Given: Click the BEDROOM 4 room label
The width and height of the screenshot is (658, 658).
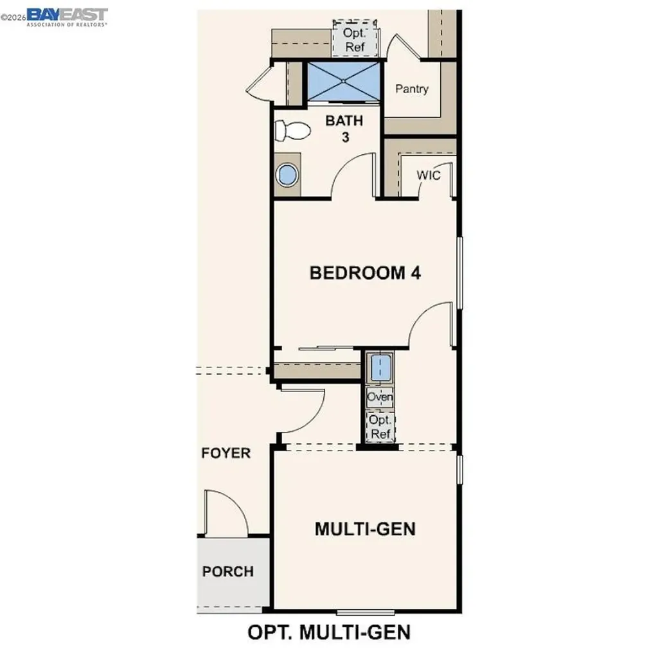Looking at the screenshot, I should pyautogui.click(x=365, y=272).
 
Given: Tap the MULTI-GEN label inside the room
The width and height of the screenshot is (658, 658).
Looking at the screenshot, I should pyautogui.click(x=365, y=529).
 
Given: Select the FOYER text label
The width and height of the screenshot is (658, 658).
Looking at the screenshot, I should pyautogui.click(x=226, y=453).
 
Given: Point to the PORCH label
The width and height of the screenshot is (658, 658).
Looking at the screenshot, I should pyautogui.click(x=228, y=571).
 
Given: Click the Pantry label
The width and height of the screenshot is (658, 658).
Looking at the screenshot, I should pyautogui.click(x=411, y=89).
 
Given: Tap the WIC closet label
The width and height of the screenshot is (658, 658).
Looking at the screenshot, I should pyautogui.click(x=429, y=175).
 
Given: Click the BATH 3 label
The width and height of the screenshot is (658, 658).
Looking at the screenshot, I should pyautogui.click(x=344, y=128).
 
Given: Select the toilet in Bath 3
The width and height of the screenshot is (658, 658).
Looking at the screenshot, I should pyautogui.click(x=290, y=131).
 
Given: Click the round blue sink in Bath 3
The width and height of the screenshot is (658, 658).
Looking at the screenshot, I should pyautogui.click(x=287, y=174).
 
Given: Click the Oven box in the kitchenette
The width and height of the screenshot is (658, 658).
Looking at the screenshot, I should pyautogui.click(x=380, y=397).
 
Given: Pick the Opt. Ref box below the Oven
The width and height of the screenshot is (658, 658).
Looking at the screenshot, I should pyautogui.click(x=380, y=426).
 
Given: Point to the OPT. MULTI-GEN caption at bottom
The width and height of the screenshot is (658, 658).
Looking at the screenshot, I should pyautogui.click(x=329, y=632).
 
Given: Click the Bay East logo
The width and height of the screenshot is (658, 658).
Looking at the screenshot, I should pyautogui.click(x=67, y=15).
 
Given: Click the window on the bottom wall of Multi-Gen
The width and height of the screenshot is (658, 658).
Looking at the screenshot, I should pyautogui.click(x=365, y=611).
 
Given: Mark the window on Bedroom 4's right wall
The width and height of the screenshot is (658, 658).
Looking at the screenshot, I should pyautogui.click(x=459, y=272).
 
